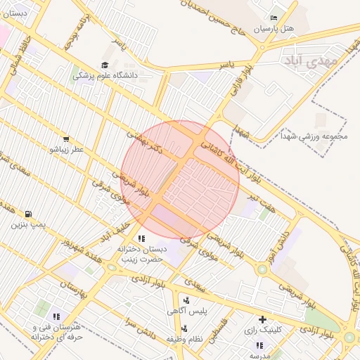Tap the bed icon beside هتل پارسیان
pos(274,18)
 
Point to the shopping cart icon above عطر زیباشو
pos(66,139)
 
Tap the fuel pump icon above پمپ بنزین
pos(28,214)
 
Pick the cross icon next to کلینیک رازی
pos(262,319)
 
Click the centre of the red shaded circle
pos(180,179)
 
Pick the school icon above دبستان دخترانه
pos(141,238)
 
